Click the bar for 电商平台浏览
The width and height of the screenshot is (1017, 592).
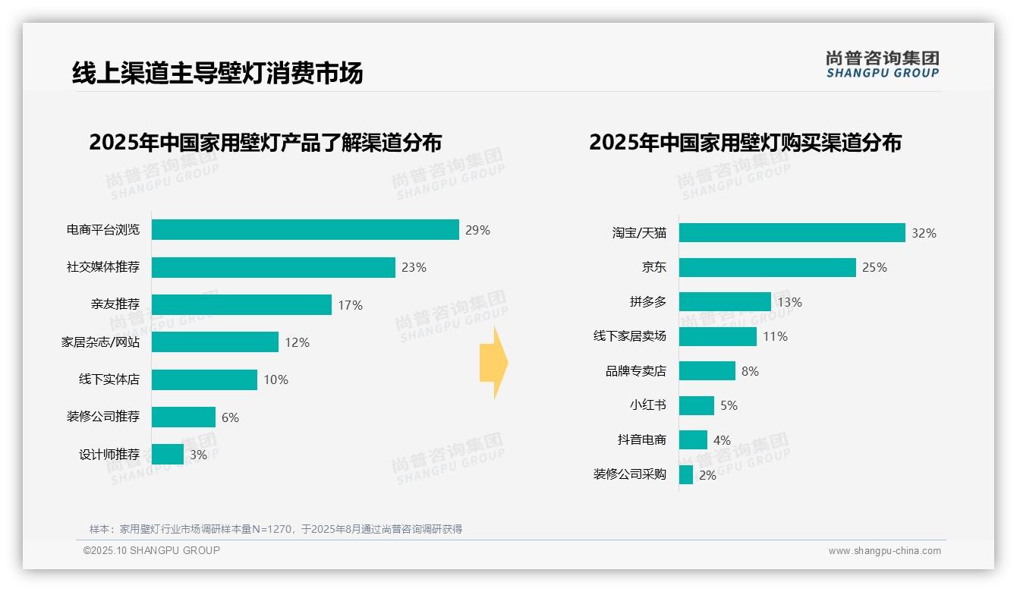[305, 230]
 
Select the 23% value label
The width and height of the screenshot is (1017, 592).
[414, 267]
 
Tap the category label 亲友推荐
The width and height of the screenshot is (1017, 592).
[115, 304]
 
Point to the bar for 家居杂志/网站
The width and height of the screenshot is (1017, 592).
[215, 342]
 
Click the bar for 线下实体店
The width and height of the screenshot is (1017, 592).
[204, 379]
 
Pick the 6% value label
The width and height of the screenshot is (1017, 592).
[230, 417]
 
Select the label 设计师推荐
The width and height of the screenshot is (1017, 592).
[109, 455]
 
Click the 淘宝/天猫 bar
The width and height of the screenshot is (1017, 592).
[792, 233]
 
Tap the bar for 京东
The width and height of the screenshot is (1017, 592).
[767, 267]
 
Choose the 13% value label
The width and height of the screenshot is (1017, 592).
[789, 302]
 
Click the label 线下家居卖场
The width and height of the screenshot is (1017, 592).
[629, 336]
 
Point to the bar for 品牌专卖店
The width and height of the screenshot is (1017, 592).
[707, 371]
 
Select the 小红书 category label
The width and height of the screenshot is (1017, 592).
[647, 405]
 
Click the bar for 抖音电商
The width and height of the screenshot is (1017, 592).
[693, 440]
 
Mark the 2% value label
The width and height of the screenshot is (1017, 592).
[707, 475]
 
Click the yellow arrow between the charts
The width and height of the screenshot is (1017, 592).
[493, 363]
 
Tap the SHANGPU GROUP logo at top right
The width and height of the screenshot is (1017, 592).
[882, 65]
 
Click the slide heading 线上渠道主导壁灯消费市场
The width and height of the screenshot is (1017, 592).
[218, 73]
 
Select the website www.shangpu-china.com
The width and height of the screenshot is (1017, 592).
[884, 551]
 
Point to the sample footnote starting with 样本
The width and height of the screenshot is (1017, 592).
[276, 529]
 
